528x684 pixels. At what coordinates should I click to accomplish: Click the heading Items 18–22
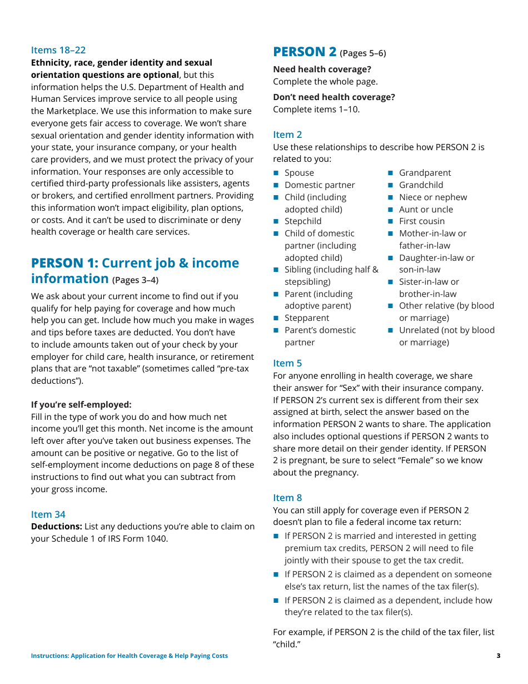tap(58, 50)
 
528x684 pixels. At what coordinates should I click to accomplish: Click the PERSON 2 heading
tap(305, 52)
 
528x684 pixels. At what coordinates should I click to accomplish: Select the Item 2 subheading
tap(287, 135)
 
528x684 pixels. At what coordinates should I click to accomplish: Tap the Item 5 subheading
tap(287, 363)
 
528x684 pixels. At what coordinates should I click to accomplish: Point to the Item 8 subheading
tap(287, 498)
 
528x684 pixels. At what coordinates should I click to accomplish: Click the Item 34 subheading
tap(48, 514)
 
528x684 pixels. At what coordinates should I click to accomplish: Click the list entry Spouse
tap(299, 173)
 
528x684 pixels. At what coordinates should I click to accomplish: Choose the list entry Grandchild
tap(421, 185)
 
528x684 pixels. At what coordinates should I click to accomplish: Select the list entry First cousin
tap(421, 221)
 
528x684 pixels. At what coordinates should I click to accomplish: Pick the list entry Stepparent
tap(307, 318)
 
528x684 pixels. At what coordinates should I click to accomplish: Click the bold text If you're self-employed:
tap(81, 405)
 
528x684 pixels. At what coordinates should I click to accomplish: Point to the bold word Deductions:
tap(57, 526)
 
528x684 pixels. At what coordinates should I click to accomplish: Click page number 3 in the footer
tap(498, 656)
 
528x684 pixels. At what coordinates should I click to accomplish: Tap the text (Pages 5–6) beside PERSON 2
tap(362, 53)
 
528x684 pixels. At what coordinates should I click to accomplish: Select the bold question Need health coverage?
tap(322, 70)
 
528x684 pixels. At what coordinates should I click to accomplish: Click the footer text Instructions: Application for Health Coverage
tap(129, 656)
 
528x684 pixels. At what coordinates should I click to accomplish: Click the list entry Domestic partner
tap(320, 185)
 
